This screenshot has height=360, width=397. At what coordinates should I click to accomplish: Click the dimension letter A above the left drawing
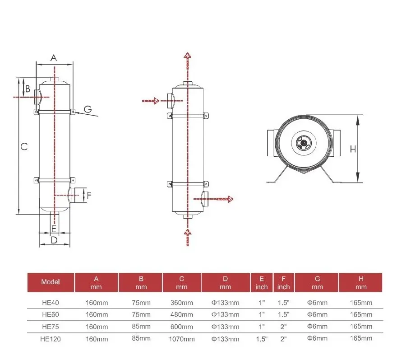click(x=54, y=58)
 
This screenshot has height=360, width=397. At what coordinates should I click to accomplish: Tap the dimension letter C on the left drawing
click(x=24, y=146)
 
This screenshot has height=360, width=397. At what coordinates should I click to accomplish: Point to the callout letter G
click(x=88, y=109)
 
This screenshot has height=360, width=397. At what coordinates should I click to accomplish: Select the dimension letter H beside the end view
click(x=353, y=149)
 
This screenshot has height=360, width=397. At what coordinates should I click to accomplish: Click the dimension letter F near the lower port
click(x=89, y=195)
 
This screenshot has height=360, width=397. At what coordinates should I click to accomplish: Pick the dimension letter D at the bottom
click(x=54, y=240)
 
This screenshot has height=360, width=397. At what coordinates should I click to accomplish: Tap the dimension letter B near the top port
click(x=28, y=89)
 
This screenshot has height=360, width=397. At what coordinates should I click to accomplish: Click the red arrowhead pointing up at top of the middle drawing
click(x=187, y=55)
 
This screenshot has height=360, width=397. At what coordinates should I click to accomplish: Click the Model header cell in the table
click(x=51, y=282)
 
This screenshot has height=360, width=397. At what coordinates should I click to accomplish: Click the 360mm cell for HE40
click(x=182, y=303)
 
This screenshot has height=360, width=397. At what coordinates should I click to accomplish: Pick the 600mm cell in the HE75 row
click(x=182, y=327)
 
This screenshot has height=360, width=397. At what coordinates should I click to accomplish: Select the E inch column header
click(x=262, y=282)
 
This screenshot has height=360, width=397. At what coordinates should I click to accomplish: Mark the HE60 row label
click(x=51, y=314)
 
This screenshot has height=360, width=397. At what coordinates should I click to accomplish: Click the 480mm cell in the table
click(x=182, y=314)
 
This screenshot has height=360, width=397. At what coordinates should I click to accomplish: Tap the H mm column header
click(x=360, y=282)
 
